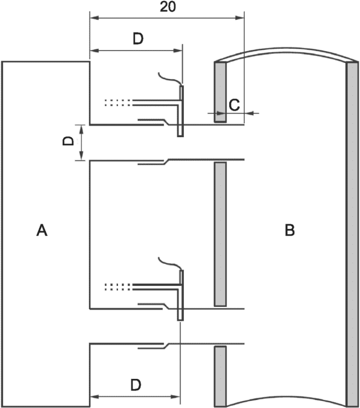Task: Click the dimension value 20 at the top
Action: click(x=167, y=7)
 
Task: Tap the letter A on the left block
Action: click(x=41, y=231)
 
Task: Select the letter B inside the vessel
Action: click(x=290, y=231)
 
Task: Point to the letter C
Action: click(x=234, y=105)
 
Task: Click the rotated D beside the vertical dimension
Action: click(x=69, y=141)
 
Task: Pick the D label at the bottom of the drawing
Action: click(x=136, y=385)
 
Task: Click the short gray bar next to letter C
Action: click(x=220, y=92)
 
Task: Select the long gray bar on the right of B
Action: click(x=352, y=232)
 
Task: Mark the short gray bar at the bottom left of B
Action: click(x=220, y=375)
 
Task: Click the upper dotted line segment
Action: click(x=118, y=103)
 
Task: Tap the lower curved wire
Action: click(x=170, y=264)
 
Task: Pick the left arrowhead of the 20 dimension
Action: click(x=94, y=18)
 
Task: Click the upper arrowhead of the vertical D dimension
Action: click(x=82, y=128)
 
